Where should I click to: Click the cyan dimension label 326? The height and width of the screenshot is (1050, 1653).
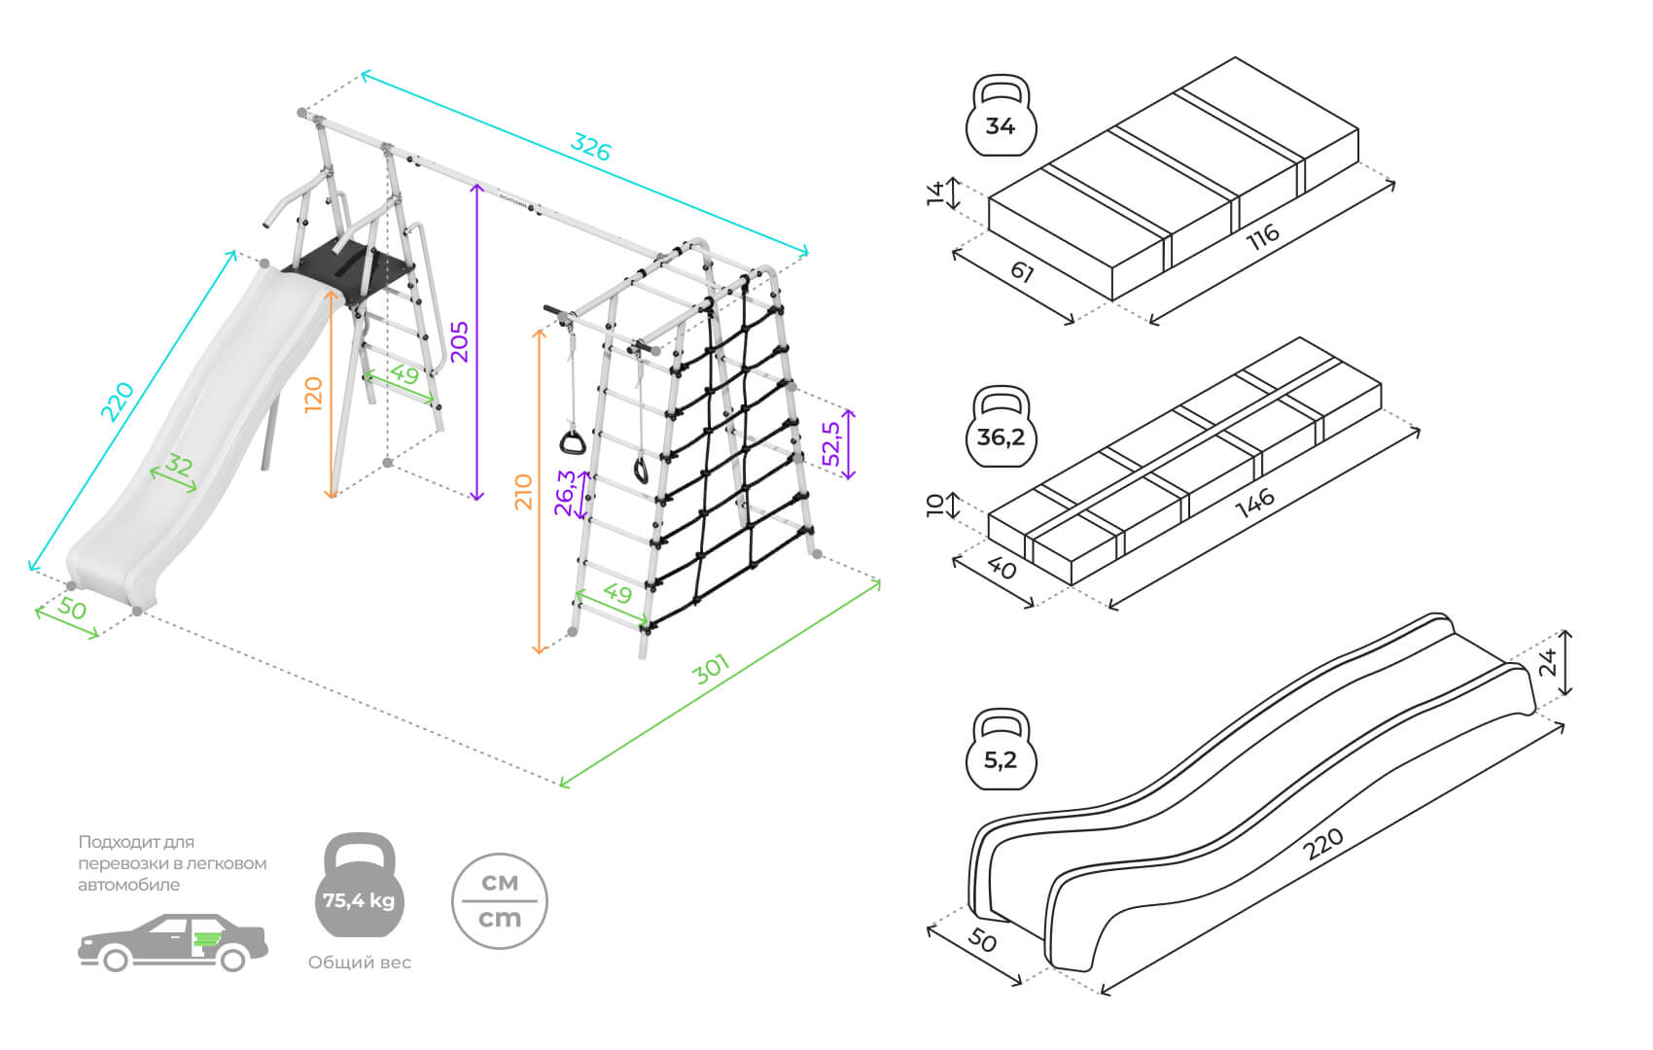pyautogui.click(x=590, y=147)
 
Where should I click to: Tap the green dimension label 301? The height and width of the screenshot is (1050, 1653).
pyautogui.click(x=712, y=669)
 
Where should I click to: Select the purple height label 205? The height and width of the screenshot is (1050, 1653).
pyautogui.click(x=459, y=341)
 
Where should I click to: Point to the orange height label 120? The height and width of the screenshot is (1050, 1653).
pyautogui.click(x=313, y=395)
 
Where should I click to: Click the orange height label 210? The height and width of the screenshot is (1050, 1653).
pyautogui.click(x=523, y=492)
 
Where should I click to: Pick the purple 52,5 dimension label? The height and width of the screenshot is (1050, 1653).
pyautogui.click(x=832, y=443)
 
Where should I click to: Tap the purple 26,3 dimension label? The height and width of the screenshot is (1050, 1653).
pyautogui.click(x=565, y=493)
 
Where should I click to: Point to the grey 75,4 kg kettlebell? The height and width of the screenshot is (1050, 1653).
pyautogui.click(x=359, y=887)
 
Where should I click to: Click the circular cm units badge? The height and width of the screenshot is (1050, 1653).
pyautogui.click(x=500, y=901)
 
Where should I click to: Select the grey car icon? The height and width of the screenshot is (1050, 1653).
pyautogui.click(x=172, y=942)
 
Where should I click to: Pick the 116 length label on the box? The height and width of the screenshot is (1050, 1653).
pyautogui.click(x=1263, y=236)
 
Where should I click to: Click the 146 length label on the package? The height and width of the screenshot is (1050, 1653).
pyautogui.click(x=1254, y=504)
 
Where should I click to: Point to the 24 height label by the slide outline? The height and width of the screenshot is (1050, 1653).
pyautogui.click(x=1548, y=662)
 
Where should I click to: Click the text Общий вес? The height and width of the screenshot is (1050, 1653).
pyautogui.click(x=359, y=962)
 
